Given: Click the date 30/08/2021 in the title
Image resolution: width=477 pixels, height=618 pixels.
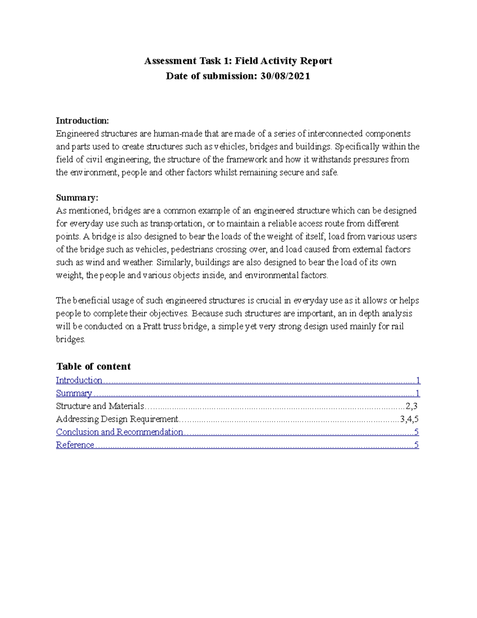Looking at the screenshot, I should point(285,76).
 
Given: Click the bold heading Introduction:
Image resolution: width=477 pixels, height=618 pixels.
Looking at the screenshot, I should point(82,121).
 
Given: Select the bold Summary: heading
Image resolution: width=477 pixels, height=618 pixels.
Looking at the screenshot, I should point(77,198).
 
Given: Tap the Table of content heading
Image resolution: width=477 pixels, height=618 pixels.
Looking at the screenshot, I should point(93,367).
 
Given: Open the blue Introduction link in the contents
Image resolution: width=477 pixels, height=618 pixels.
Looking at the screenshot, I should point(79,380).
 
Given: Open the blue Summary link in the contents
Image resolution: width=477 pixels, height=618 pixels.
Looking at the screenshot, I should point(74,394).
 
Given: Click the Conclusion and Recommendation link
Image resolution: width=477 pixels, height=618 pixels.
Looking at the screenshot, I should point(119,432).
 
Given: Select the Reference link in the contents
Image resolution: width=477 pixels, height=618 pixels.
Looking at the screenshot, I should point(75,445).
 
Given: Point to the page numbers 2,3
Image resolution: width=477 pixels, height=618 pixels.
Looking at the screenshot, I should point(411,406).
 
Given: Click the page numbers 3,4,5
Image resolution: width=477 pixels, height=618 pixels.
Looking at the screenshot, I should point(409,419).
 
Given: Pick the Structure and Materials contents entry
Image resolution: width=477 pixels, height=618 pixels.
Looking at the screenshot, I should point(100,406).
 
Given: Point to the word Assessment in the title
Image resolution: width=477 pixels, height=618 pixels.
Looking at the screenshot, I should point(165,61).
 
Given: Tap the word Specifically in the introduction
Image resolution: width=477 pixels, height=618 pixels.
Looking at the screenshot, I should point(357,147).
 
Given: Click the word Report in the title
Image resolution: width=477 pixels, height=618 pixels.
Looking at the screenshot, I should point(316,61).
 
